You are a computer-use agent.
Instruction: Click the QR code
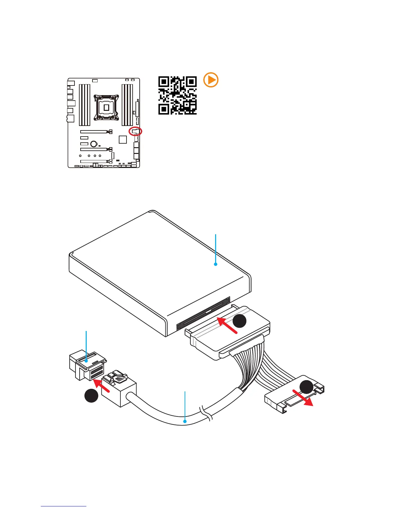[x=177, y=95]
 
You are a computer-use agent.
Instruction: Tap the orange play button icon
[x=211, y=80]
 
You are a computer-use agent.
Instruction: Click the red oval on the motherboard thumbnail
[x=135, y=131]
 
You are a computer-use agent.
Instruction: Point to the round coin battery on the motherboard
[x=94, y=144]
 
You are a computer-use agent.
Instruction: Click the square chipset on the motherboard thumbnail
[x=123, y=139]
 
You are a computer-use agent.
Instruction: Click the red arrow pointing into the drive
[x=227, y=325]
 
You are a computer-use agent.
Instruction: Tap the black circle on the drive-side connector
[x=240, y=321]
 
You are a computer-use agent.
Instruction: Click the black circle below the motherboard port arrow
[x=91, y=396]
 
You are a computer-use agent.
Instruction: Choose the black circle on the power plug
[x=306, y=387]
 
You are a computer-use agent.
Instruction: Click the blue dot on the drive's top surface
[x=215, y=264]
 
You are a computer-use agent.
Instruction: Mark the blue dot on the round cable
[x=185, y=421]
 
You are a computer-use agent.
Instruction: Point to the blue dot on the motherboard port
[x=86, y=361]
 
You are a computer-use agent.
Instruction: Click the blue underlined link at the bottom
[x=64, y=506]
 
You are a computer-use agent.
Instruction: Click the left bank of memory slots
[x=85, y=105]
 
